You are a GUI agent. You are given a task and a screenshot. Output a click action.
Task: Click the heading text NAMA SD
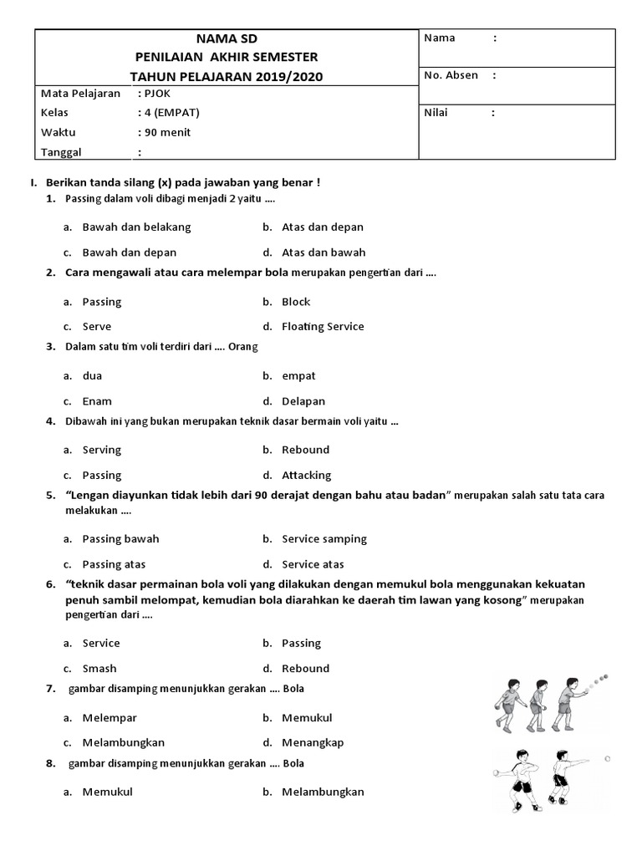coord(227,38)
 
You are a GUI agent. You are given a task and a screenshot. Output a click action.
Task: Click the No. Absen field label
coord(451,75)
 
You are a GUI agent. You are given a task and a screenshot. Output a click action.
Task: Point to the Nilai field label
coord(436,113)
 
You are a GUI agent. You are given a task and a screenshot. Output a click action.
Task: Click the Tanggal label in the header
coord(62,152)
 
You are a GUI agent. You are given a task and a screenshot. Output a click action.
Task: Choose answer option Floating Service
coord(323,327)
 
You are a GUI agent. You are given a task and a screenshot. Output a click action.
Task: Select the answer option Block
coord(296,302)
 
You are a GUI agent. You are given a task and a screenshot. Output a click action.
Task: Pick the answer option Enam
coord(97,401)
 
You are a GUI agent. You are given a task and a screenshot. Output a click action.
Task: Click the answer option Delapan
coord(303,401)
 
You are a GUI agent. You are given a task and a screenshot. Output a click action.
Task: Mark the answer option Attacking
coord(307,475)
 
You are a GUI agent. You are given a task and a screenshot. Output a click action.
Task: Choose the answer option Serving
coord(102,450)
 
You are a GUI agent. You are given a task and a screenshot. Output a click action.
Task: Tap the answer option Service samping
coord(324,539)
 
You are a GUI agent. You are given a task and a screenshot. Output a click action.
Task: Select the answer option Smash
coord(99,669)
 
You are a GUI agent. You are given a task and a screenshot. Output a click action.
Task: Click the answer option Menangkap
coord(313,742)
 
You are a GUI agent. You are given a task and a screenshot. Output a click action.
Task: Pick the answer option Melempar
coord(110,718)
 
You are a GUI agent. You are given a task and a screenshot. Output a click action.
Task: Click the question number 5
coord(50,496)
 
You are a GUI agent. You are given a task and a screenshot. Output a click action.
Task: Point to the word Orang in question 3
coord(243,346)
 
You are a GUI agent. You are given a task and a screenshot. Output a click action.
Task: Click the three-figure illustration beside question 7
coord(548,703)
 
